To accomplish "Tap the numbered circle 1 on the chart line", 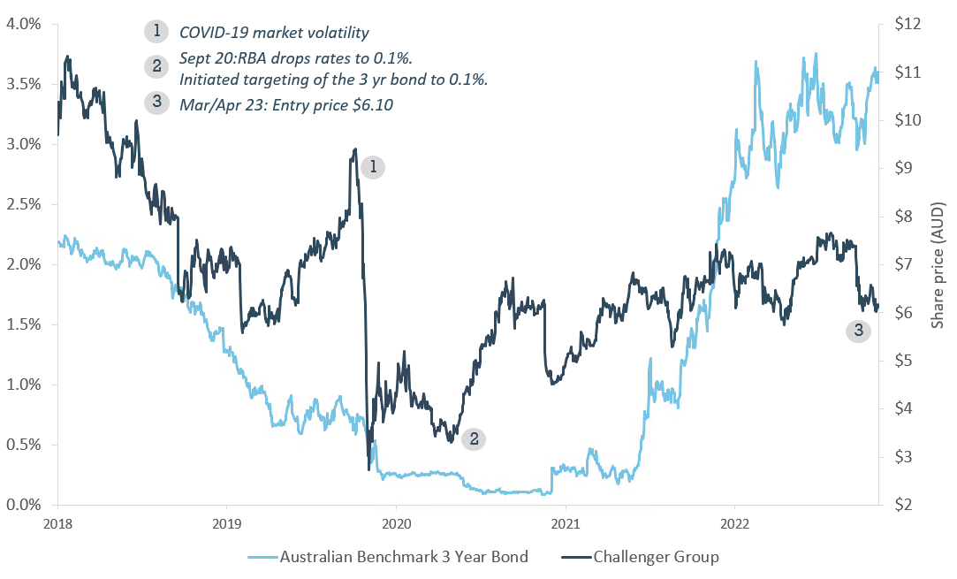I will (374, 166).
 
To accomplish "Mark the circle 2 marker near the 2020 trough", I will (475, 438).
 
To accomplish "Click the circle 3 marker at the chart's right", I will (857, 331).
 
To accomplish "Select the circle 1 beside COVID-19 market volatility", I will (156, 32).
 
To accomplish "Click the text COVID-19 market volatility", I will (274, 33).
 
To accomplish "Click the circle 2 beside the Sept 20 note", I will (156, 65).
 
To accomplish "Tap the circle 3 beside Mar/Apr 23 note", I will (156, 103).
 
